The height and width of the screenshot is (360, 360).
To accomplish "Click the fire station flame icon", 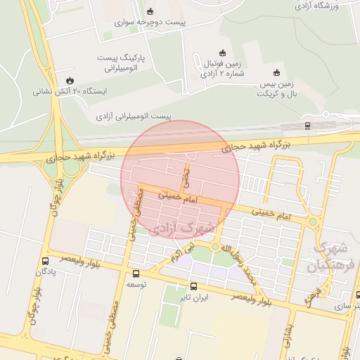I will pos(70,79).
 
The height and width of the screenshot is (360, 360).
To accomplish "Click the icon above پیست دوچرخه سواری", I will pos(150,11).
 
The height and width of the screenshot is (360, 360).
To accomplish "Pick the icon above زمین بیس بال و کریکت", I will pos(276,72).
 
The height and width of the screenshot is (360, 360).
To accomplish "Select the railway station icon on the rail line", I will pos(307,126).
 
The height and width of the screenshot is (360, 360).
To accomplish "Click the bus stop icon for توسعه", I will pos(135,274).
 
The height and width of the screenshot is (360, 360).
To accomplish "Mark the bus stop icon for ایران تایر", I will pos(194,286).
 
